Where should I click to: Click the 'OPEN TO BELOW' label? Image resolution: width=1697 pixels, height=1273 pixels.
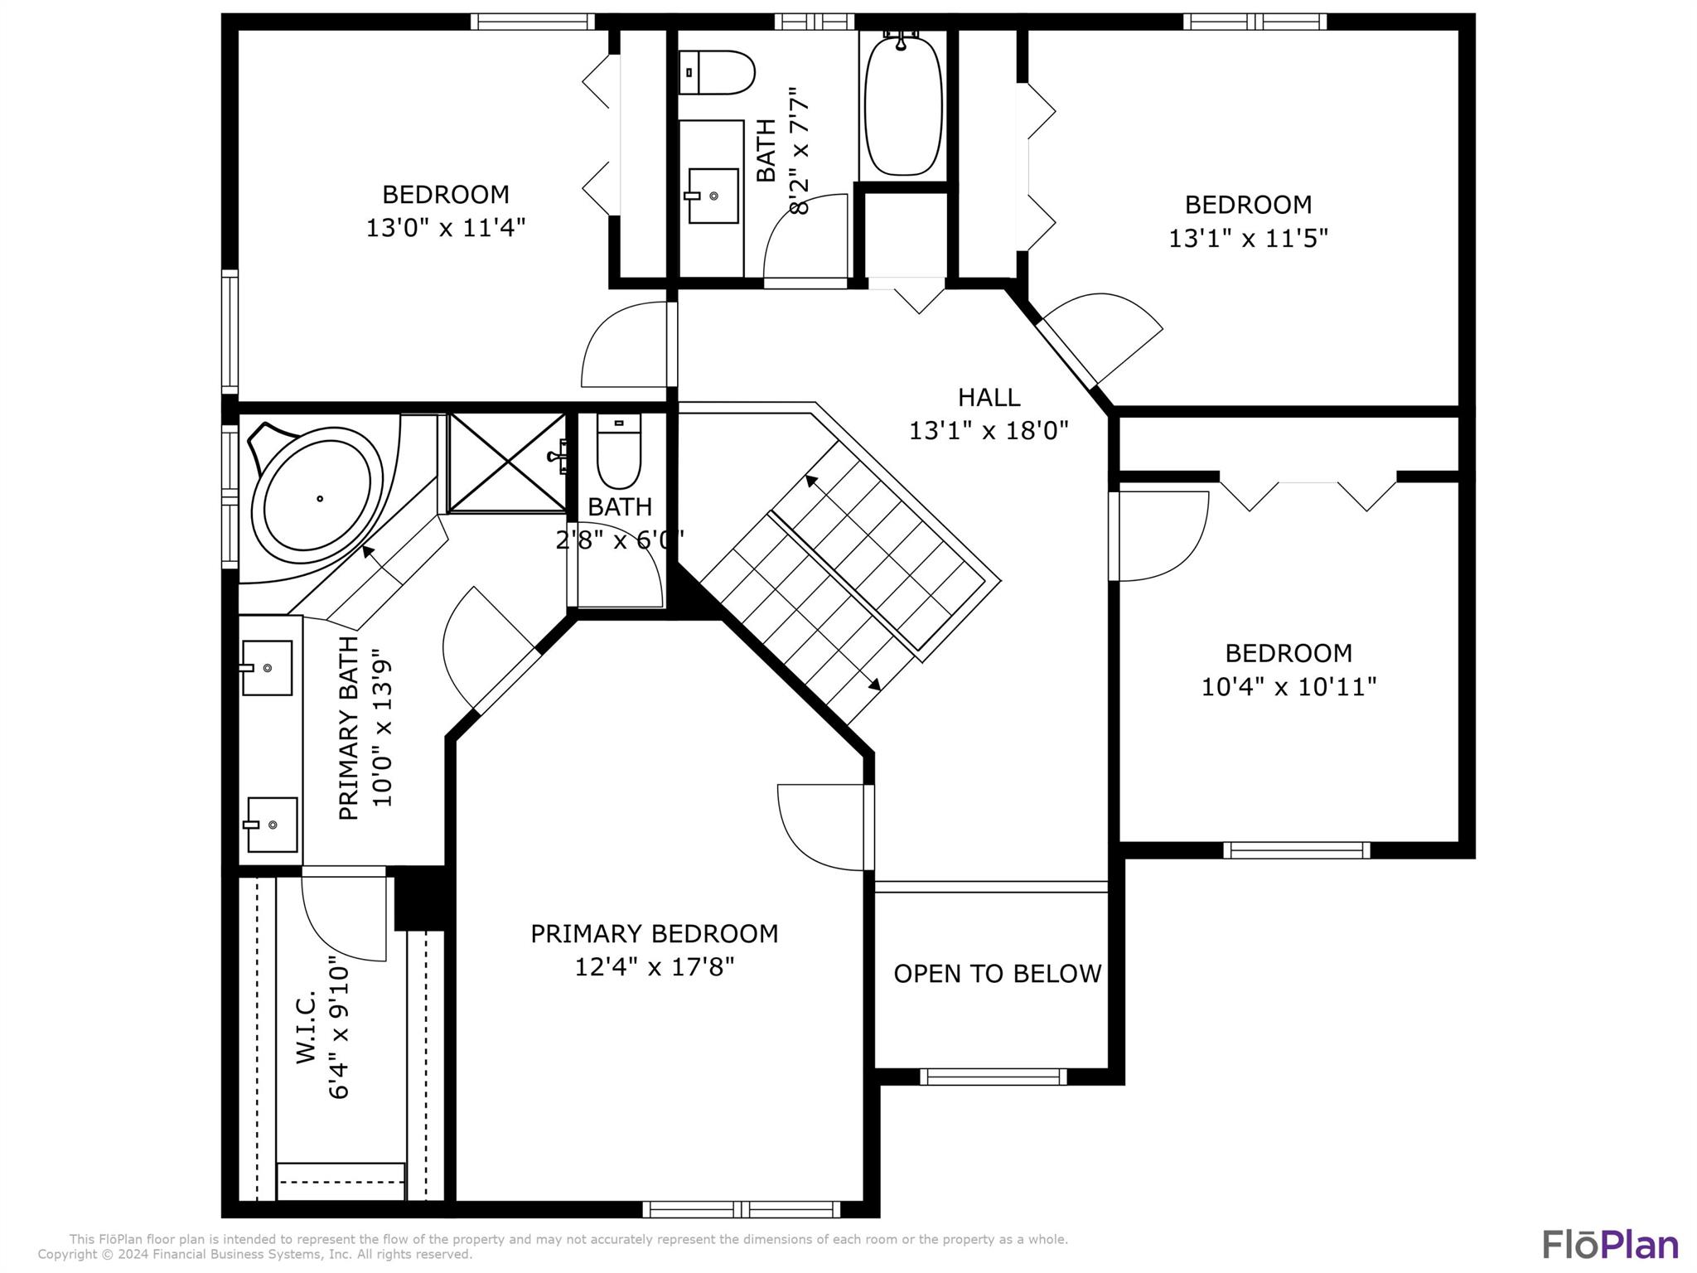click(x=998, y=973)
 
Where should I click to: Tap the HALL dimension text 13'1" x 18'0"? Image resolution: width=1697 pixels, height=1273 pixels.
click(x=989, y=431)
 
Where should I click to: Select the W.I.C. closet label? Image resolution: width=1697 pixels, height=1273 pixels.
click(x=306, y=1026)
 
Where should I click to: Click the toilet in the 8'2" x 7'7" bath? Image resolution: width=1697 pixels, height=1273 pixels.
click(x=716, y=72)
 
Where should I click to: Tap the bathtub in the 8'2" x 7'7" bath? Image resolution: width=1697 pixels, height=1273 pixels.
click(x=903, y=104)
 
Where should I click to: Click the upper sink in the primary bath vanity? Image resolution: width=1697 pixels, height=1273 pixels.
click(x=266, y=667)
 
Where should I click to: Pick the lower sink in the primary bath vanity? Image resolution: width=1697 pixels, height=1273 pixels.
click(x=271, y=825)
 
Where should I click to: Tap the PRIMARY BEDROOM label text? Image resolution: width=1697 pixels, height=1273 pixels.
click(x=655, y=934)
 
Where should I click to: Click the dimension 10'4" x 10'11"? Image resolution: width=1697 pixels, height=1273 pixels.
click(x=1289, y=687)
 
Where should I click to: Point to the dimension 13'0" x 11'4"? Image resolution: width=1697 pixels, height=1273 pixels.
click(x=446, y=228)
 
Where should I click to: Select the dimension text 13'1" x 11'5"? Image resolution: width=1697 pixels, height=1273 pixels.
click(x=1248, y=239)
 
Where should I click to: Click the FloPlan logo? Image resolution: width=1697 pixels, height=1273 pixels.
click(x=1611, y=1245)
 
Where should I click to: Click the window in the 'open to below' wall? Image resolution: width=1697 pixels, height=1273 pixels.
click(x=993, y=1077)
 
